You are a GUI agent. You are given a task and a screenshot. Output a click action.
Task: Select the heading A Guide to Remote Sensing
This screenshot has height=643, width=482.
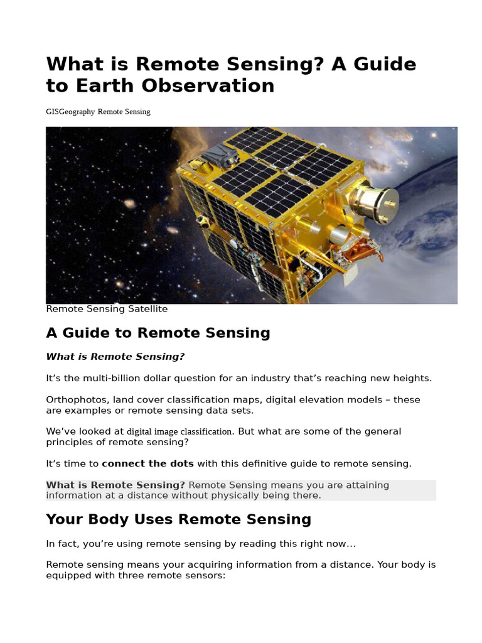[158, 333]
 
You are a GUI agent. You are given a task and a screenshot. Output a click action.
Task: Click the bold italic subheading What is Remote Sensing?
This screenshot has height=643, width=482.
[115, 357]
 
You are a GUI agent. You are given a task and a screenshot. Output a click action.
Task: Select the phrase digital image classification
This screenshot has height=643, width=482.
[180, 432]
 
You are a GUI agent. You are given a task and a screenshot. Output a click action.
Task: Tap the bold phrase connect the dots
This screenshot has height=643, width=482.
[148, 464]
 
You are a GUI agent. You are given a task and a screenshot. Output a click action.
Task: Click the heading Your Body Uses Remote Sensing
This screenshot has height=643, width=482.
[179, 519]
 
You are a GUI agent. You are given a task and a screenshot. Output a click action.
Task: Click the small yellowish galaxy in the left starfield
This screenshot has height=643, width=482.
[129, 204]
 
